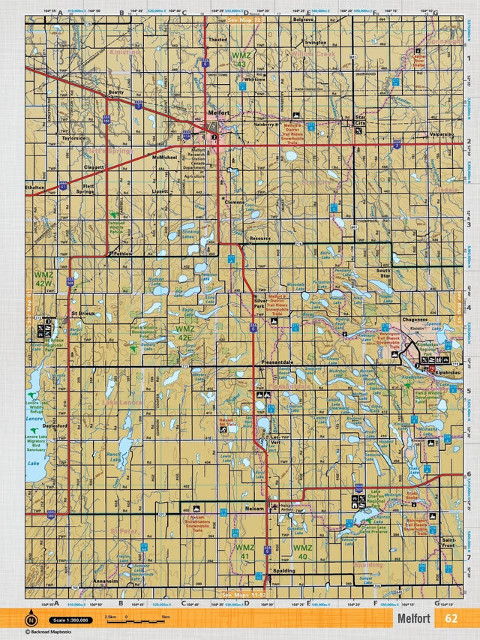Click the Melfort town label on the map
click(217, 113)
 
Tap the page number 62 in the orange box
click(451, 619)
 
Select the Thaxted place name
click(217, 40)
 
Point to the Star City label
click(360, 120)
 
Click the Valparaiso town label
click(442, 134)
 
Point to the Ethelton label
click(34, 188)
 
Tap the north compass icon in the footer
click(31, 620)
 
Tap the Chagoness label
click(414, 320)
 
